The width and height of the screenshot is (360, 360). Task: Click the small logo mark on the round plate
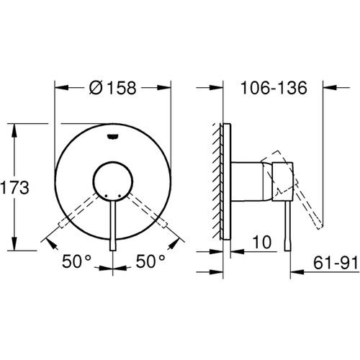(x=113, y=132)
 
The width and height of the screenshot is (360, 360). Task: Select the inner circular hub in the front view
(x=113, y=180)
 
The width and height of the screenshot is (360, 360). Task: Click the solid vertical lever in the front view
(x=113, y=223)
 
